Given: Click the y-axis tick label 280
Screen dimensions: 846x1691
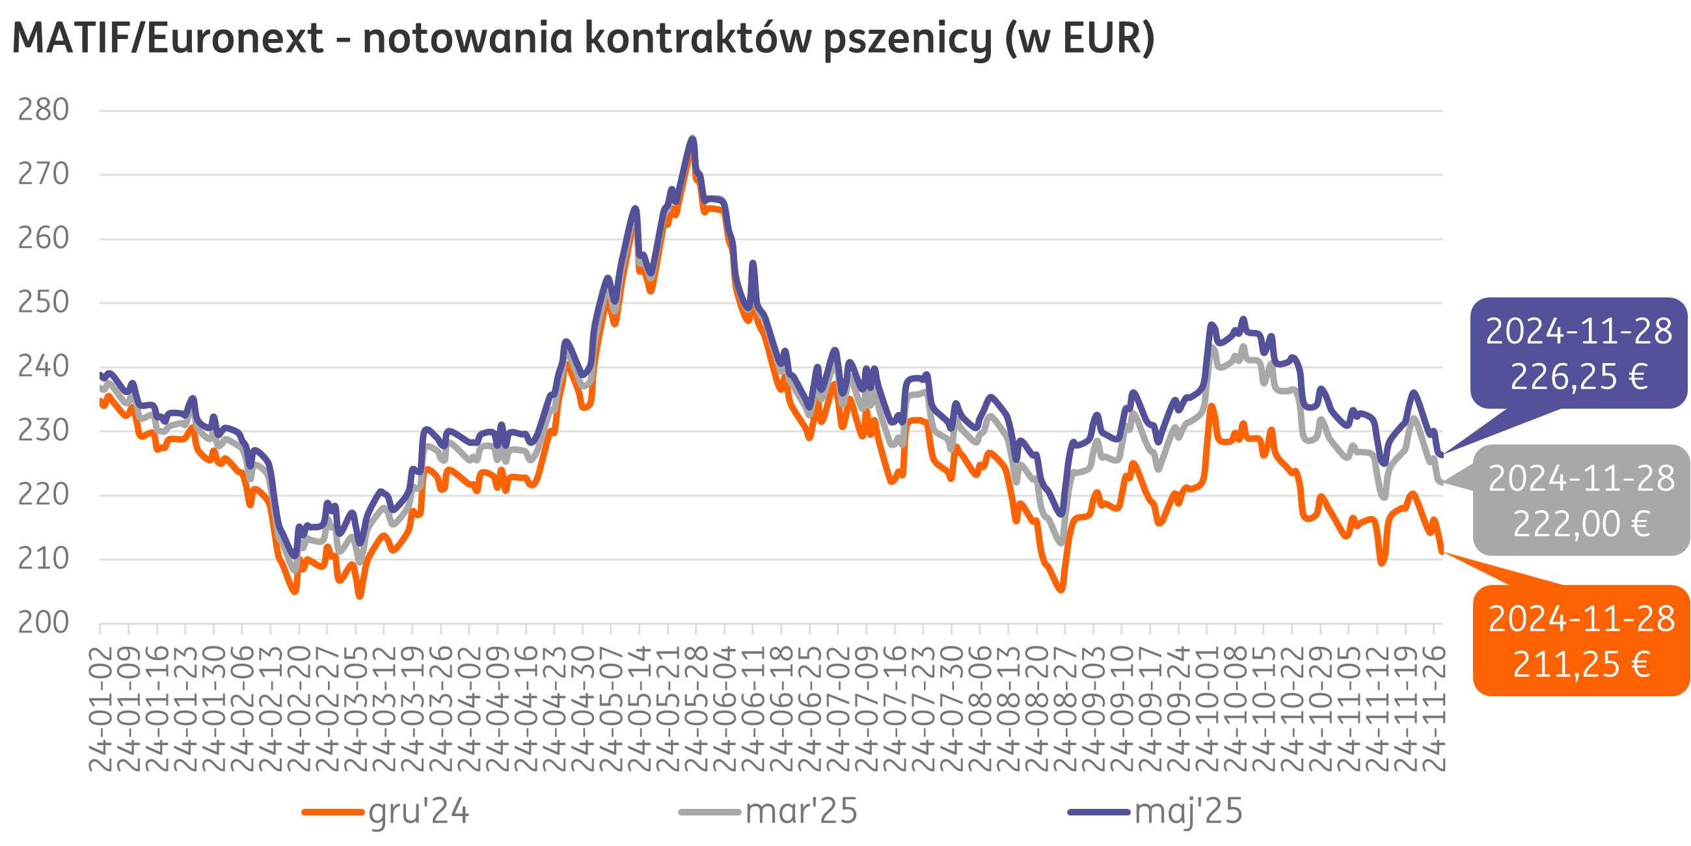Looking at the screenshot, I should [x=44, y=111].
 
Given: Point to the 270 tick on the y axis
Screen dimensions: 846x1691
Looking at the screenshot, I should [x=44, y=174].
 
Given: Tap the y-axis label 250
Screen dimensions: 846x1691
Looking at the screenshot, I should [x=44, y=303].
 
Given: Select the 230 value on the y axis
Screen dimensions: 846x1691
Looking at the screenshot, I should [x=44, y=431].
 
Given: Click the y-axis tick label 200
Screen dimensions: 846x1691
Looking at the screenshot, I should [x=44, y=623].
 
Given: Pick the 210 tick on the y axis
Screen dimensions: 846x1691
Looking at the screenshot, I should [x=44, y=559].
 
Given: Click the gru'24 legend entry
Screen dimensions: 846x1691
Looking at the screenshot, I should [x=418, y=812].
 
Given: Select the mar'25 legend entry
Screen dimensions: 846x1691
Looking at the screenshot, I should [x=801, y=812].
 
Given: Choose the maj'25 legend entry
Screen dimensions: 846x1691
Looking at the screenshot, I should [x=1188, y=812].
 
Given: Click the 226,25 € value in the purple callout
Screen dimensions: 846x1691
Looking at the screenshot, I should [x=1578, y=377].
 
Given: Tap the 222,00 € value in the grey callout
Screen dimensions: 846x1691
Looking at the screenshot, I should [x=1582, y=524].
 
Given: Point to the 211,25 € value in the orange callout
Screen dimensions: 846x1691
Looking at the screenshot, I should [x=1582, y=664].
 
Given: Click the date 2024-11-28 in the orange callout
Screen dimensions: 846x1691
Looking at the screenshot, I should [x=1582, y=620].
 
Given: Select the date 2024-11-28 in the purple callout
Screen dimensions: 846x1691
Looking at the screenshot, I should [x=1578, y=332].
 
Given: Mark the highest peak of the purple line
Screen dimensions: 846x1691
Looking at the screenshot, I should [x=692, y=139].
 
